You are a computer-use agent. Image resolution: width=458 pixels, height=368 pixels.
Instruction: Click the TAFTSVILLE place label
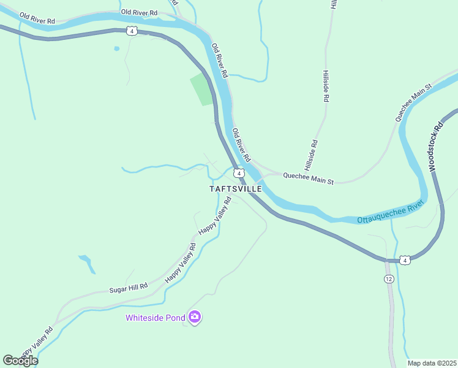pos(236,189)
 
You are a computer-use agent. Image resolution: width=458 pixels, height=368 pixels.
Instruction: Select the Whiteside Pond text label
pos(156,318)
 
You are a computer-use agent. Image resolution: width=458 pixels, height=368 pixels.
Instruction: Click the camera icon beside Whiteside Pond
pos(195,317)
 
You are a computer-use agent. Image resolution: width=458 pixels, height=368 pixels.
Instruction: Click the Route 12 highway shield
pos(389,279)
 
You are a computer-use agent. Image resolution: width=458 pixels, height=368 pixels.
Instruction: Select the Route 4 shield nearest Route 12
pos(405,261)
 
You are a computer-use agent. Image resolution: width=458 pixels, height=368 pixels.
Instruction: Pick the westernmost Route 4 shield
pos(132,31)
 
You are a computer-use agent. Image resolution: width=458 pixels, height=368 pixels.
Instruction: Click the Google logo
pos(20,361)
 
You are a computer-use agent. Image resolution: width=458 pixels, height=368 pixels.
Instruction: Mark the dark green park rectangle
pos(203,90)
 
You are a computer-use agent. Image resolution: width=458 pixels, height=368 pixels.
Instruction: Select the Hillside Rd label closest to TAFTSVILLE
pos(310,156)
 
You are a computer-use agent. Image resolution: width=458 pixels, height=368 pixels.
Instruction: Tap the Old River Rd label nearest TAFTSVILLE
pos(241,145)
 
